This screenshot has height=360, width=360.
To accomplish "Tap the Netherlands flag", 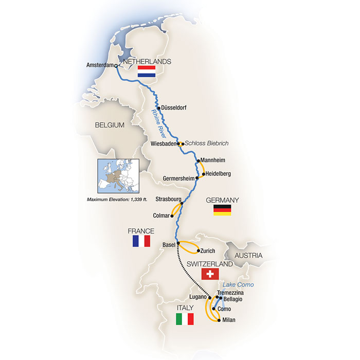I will click(x=147, y=71).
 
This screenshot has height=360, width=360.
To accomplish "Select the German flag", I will click(x=222, y=210).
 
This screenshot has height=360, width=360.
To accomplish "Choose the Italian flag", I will click(x=185, y=319).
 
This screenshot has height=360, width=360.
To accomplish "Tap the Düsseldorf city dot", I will click(x=159, y=107).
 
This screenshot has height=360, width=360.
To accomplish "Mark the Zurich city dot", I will click(x=199, y=251).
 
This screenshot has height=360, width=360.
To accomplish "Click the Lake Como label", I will click(x=239, y=284).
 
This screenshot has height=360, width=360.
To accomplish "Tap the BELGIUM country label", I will click(x=110, y=125).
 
